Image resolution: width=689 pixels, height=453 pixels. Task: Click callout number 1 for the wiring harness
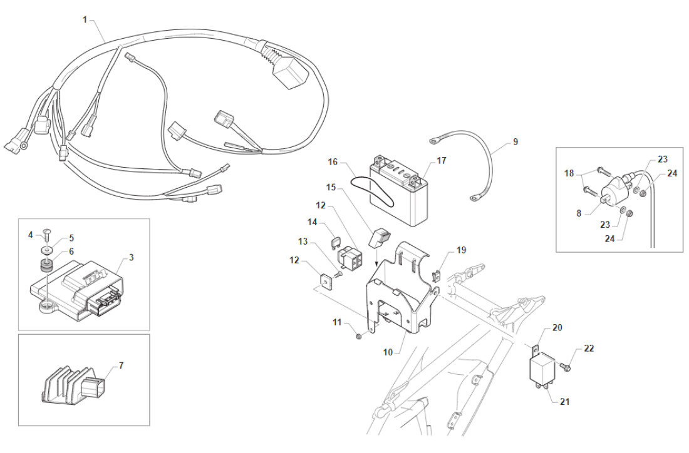point(85,19)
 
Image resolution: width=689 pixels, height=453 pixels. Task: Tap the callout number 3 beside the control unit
point(131,257)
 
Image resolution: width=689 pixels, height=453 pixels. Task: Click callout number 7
point(121,365)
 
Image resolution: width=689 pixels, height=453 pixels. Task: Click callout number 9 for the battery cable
point(515,142)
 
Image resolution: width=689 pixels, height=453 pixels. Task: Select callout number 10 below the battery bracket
point(388,353)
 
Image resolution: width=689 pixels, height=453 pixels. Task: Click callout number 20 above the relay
point(557,328)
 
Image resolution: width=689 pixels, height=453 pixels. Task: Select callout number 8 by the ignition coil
point(578,213)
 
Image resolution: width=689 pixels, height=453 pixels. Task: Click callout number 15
point(330,187)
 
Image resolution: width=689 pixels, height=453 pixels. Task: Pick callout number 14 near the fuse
point(313,222)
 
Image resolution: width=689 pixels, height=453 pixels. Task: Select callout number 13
point(303,242)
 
